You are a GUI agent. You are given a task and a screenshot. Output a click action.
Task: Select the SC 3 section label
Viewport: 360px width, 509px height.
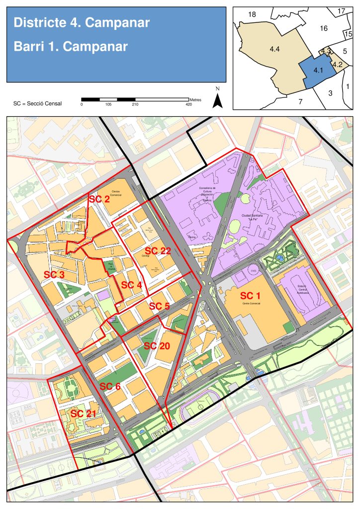(54, 274)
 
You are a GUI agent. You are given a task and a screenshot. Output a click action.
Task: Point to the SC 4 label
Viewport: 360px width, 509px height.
(131, 285)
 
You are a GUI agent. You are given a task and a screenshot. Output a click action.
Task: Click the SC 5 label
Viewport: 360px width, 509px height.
(160, 306)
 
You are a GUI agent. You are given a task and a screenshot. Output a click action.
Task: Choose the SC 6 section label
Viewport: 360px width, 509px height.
(110, 386)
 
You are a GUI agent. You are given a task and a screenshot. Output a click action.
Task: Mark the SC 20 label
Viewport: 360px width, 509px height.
(157, 346)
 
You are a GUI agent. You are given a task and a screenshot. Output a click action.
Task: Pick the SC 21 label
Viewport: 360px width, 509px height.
(83, 414)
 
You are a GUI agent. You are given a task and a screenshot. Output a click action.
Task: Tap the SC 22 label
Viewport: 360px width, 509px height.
(158, 251)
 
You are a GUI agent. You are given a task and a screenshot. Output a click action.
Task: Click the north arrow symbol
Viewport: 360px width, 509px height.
(217, 99)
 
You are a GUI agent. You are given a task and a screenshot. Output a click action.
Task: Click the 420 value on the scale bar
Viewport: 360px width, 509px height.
(188, 104)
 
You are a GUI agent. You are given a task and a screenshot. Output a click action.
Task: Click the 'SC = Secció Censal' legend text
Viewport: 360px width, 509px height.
(38, 104)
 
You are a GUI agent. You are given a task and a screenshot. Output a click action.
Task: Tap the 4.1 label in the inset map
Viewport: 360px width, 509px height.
(318, 71)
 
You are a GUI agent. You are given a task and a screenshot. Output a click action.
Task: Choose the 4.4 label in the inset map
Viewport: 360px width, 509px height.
(274, 49)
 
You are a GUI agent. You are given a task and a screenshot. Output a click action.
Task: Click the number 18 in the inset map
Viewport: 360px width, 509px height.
(252, 14)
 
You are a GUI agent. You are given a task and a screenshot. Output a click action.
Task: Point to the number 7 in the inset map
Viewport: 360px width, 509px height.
(300, 101)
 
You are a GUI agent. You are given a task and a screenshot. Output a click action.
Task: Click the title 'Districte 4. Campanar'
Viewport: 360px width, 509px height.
(82, 23)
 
